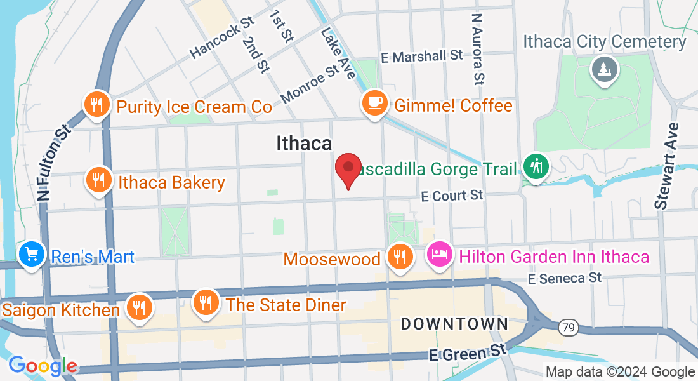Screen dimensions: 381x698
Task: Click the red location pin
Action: tap(348, 168)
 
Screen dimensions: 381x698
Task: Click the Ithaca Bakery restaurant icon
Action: tap(98, 180)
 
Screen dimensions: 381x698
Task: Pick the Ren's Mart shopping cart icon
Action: tap(31, 255)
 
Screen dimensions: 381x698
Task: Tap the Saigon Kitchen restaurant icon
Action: tap(138, 307)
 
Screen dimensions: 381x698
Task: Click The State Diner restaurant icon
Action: tap(206, 302)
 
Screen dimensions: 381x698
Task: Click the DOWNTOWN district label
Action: tap(454, 324)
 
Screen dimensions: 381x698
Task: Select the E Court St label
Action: tap(453, 196)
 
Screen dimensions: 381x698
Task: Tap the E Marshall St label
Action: tap(422, 57)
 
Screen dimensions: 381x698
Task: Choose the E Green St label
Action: tap(469, 352)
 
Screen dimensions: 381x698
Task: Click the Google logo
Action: tap(43, 366)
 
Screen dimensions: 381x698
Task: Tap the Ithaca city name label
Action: tap(304, 144)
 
